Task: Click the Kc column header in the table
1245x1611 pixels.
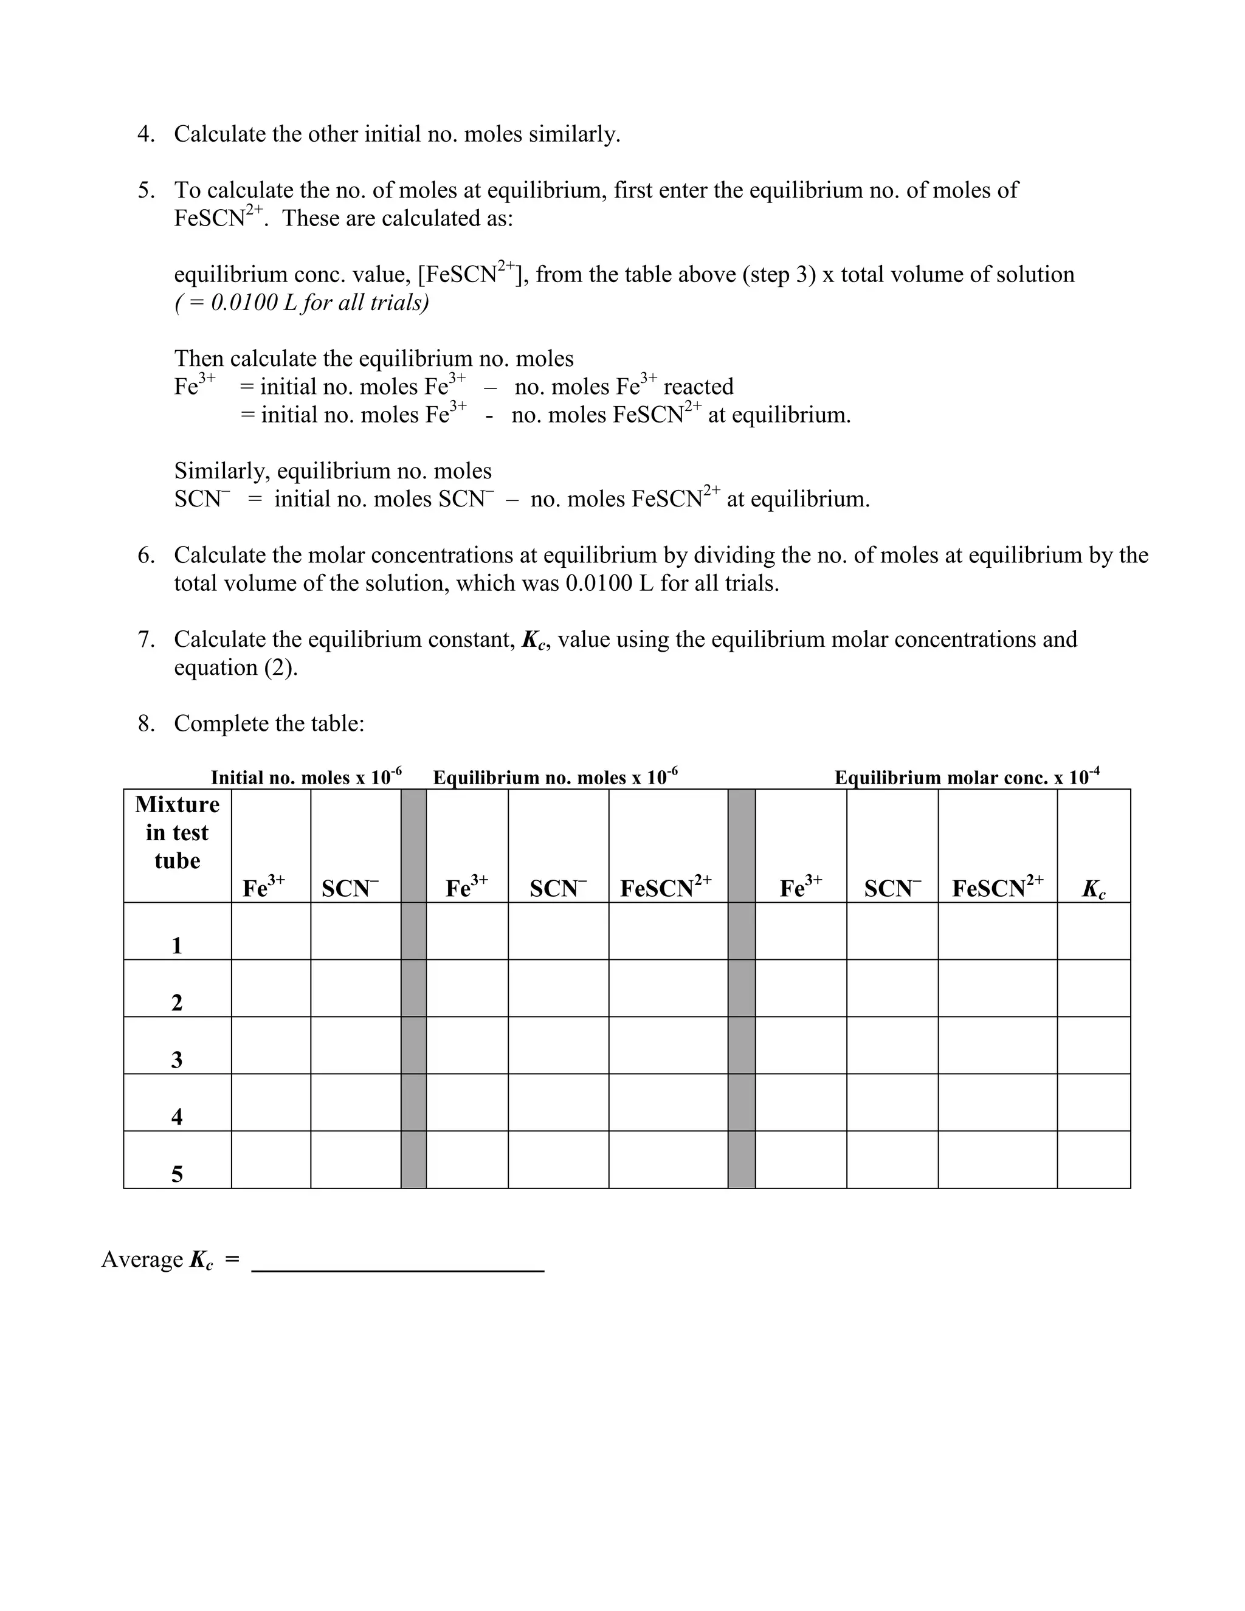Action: [x=1093, y=889]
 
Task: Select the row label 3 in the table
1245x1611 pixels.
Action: [x=177, y=1060]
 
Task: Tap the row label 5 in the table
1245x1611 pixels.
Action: [x=177, y=1175]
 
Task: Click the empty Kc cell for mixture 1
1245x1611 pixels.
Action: [x=1093, y=931]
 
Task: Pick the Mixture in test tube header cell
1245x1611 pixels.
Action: [x=177, y=833]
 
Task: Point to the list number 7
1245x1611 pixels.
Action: [x=146, y=640]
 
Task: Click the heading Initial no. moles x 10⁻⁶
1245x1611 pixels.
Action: [x=306, y=777]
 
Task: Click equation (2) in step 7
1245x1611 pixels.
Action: [x=235, y=668]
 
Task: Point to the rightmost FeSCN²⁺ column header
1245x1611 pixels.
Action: [x=997, y=888]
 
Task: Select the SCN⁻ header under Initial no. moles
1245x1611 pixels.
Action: [x=350, y=888]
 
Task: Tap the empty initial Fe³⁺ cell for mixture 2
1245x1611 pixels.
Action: [x=271, y=988]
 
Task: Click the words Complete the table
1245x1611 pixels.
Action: [x=269, y=723]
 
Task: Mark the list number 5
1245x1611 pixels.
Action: [x=146, y=190]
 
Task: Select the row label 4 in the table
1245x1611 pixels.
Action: [x=177, y=1117]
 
